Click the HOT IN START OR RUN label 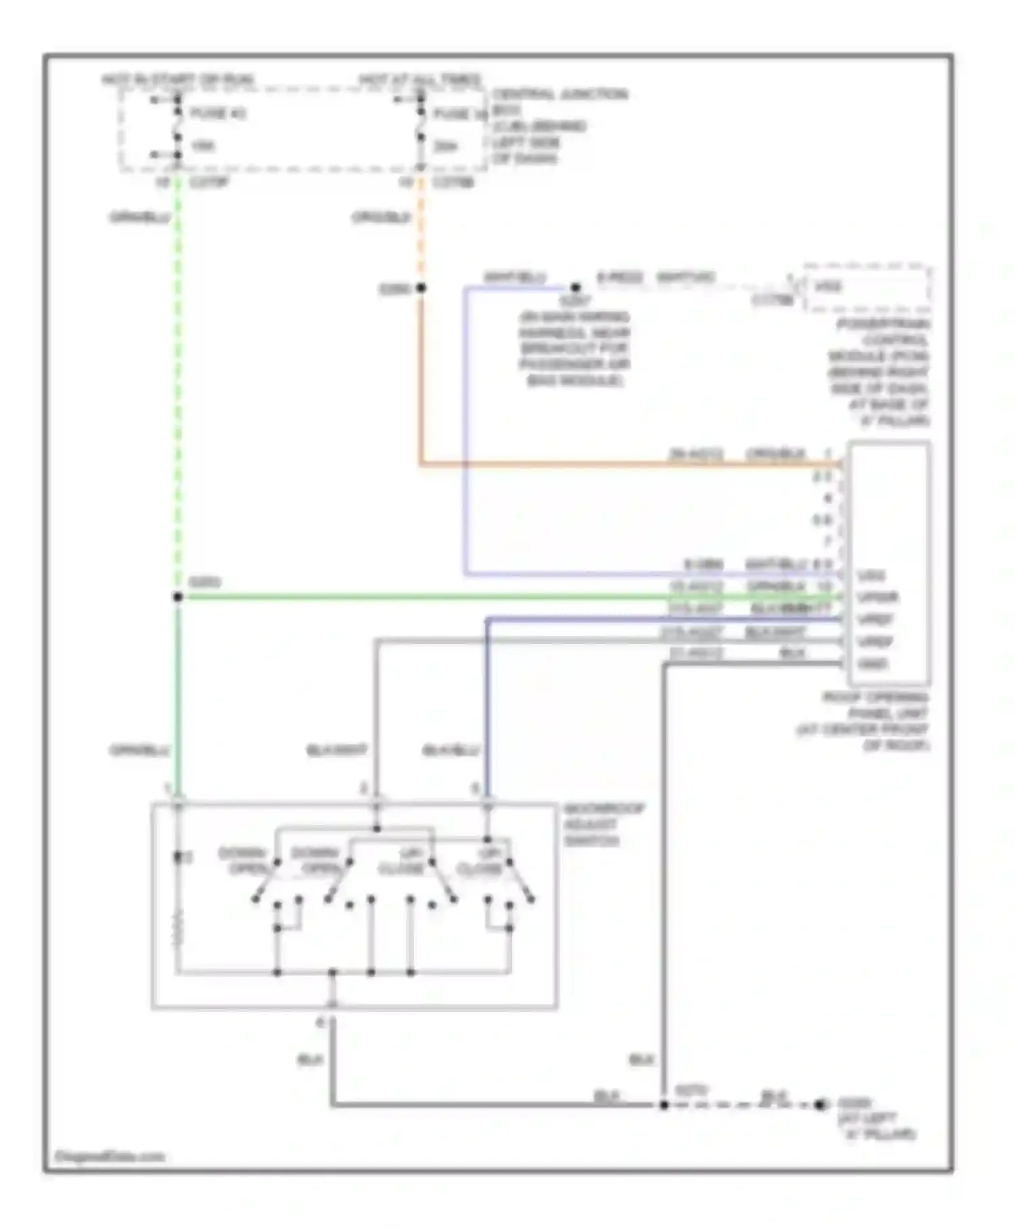[178, 80]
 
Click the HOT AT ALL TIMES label [420, 80]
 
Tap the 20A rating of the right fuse [445, 146]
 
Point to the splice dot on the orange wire [421, 288]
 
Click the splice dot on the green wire [178, 597]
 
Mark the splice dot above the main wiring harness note [575, 287]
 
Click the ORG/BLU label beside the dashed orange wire [381, 217]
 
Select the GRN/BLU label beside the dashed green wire [139, 217]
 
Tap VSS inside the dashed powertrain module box [828, 287]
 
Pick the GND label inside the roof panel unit [872, 664]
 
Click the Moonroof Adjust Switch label [604, 825]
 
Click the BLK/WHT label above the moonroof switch [336, 750]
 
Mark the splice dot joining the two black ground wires [664, 1105]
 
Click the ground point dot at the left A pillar [820, 1105]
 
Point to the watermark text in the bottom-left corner [110, 1157]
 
